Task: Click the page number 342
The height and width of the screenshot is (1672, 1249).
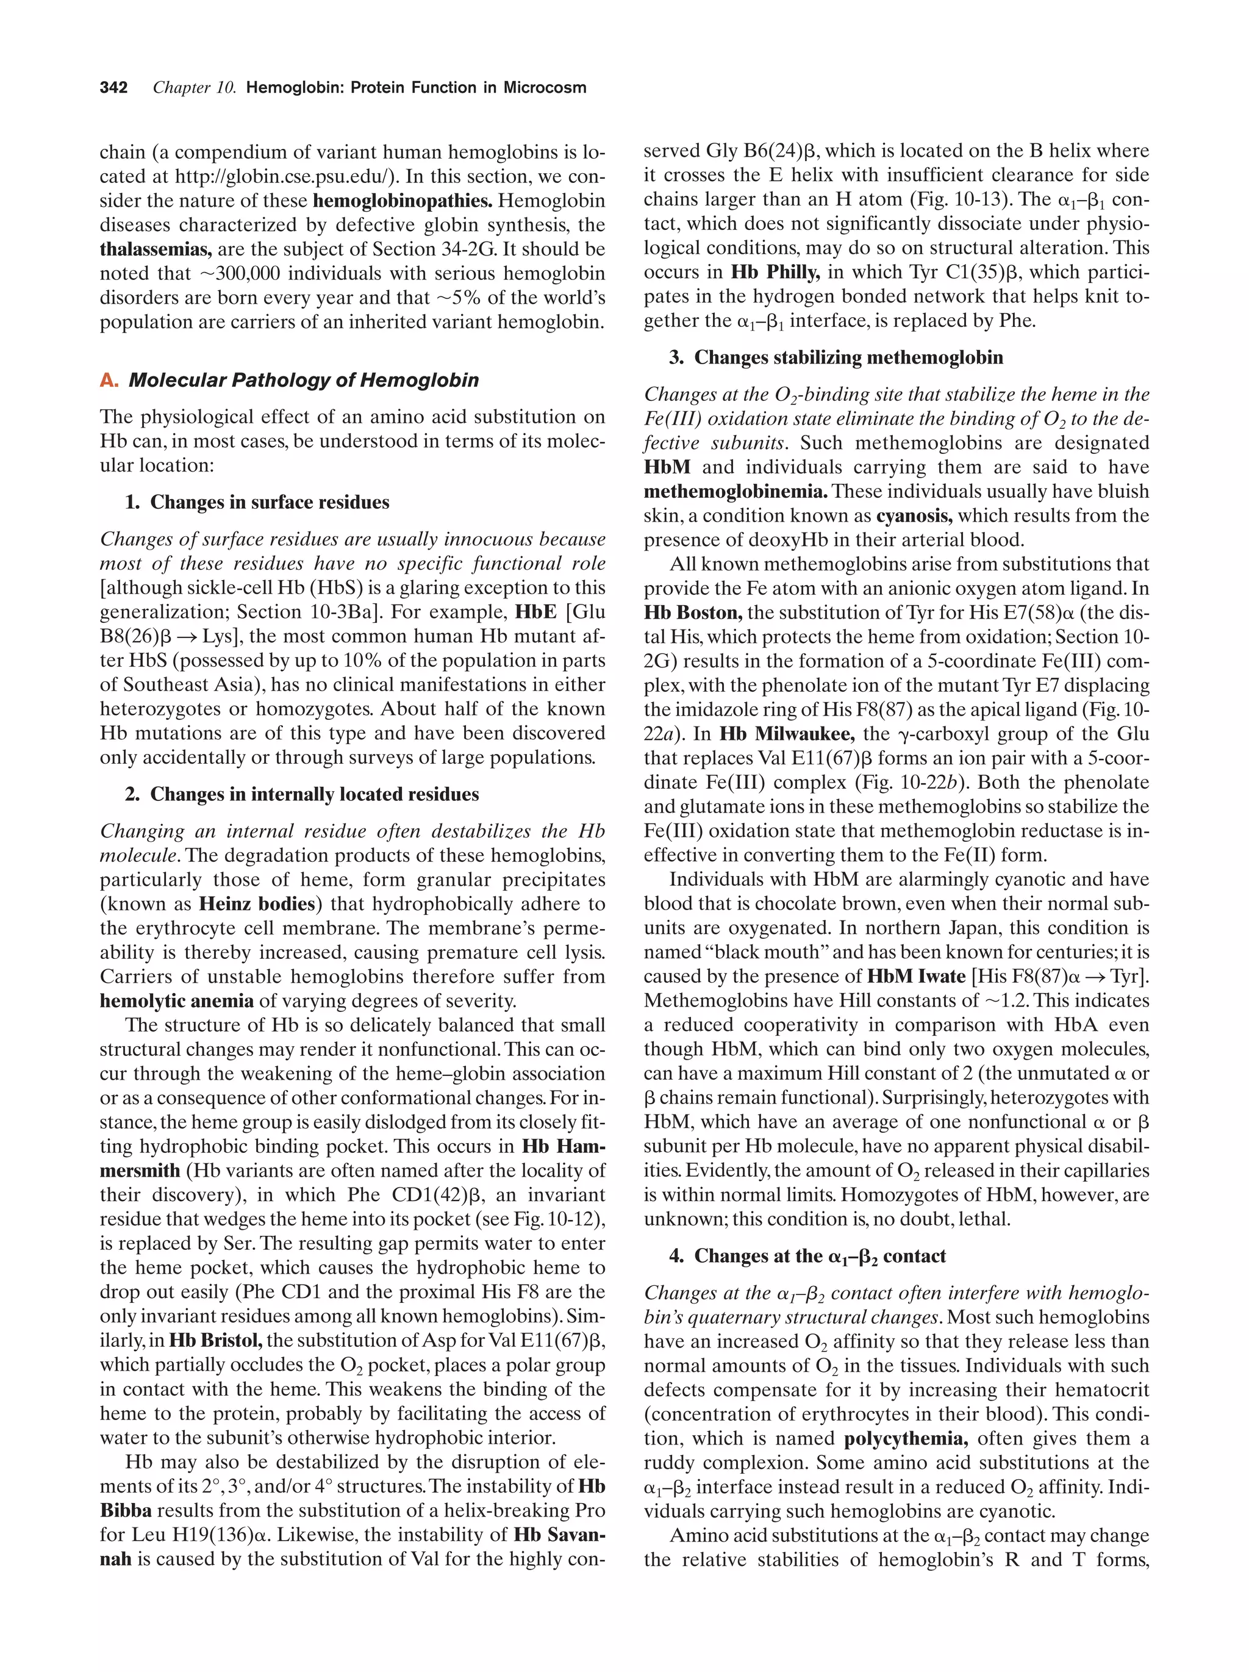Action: (113, 88)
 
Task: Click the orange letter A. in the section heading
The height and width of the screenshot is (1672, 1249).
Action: (109, 380)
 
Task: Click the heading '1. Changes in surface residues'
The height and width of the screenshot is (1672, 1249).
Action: (257, 503)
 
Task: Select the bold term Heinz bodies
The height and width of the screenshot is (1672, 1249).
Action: (257, 904)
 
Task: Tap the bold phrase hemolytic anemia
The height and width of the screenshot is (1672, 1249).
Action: (177, 1001)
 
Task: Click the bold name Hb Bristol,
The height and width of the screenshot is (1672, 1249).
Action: (215, 1340)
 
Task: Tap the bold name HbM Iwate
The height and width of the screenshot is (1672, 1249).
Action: (916, 976)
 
